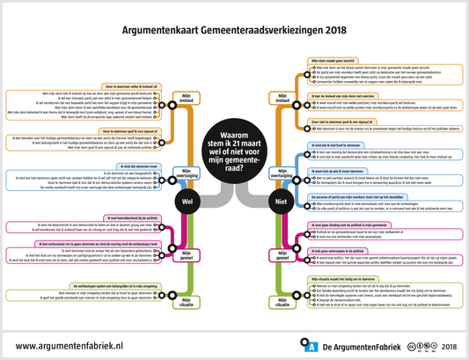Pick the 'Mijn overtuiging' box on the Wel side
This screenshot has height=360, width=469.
tap(186, 173)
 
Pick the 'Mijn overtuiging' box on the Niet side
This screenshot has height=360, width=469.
tap(283, 174)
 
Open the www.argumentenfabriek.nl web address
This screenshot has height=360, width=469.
tap(75, 347)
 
